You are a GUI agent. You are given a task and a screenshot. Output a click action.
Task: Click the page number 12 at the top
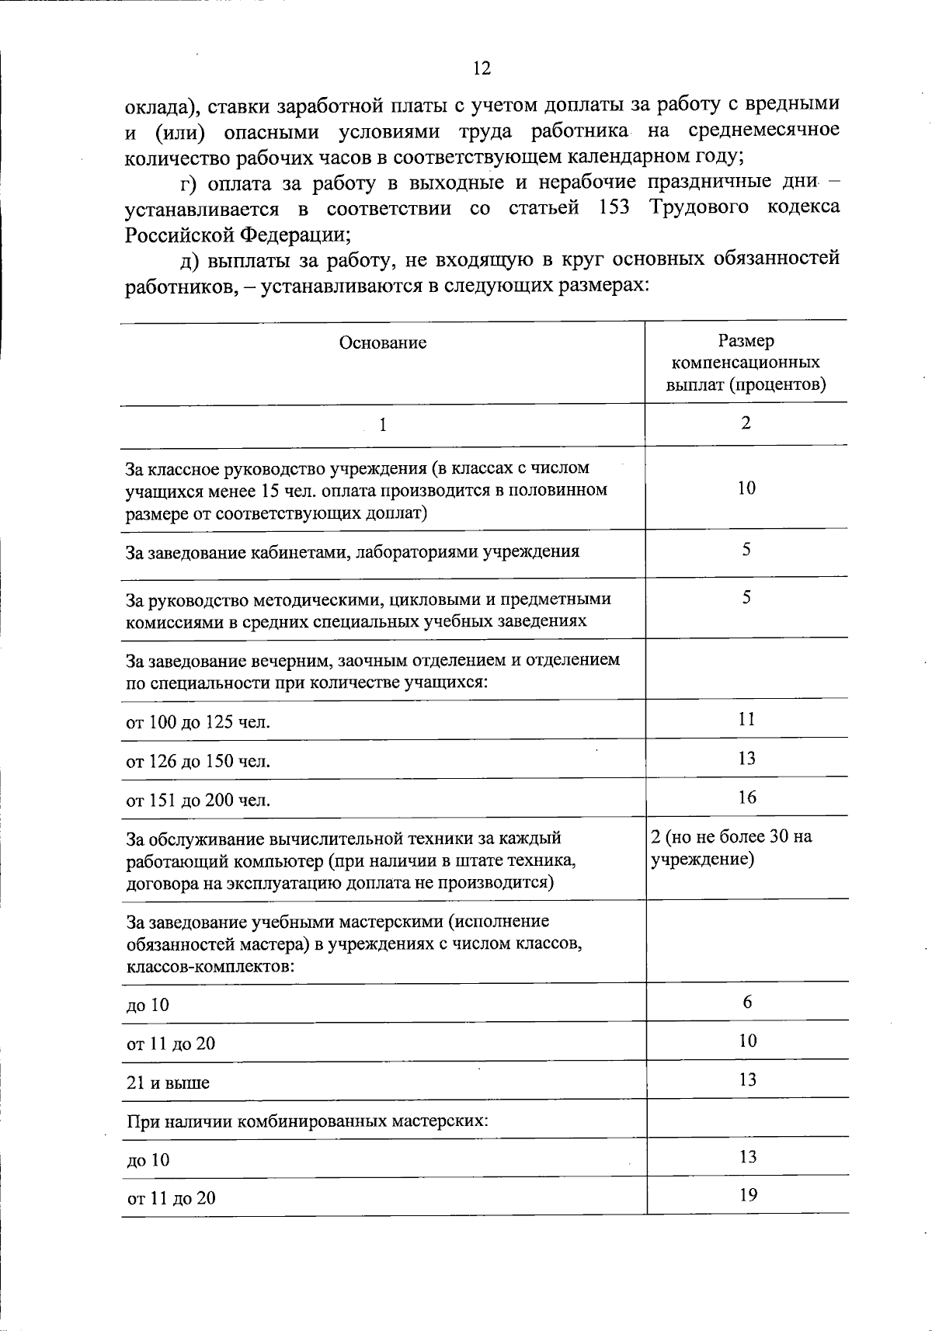(482, 69)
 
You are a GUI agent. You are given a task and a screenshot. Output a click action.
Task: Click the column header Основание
(383, 343)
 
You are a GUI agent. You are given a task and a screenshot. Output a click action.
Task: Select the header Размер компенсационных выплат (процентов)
(746, 363)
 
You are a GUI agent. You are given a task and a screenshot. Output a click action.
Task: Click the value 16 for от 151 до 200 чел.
(747, 798)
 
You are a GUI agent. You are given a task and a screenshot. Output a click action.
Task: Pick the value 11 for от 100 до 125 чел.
(746, 719)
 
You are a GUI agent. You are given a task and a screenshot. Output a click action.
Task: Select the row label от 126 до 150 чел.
(198, 762)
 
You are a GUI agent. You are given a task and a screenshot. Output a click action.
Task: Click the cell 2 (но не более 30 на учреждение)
(732, 848)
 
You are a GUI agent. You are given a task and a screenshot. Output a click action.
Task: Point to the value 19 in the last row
(748, 1195)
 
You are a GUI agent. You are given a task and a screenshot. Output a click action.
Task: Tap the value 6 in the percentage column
(747, 1002)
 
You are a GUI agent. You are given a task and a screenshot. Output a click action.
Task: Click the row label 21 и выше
(168, 1083)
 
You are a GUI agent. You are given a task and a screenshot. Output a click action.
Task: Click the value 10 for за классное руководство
(746, 488)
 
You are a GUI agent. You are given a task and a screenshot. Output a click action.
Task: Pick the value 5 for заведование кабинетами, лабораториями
(746, 550)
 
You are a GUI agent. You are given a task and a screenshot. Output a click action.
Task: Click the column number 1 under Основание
(382, 426)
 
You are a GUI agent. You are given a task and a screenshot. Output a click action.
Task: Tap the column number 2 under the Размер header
(746, 423)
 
